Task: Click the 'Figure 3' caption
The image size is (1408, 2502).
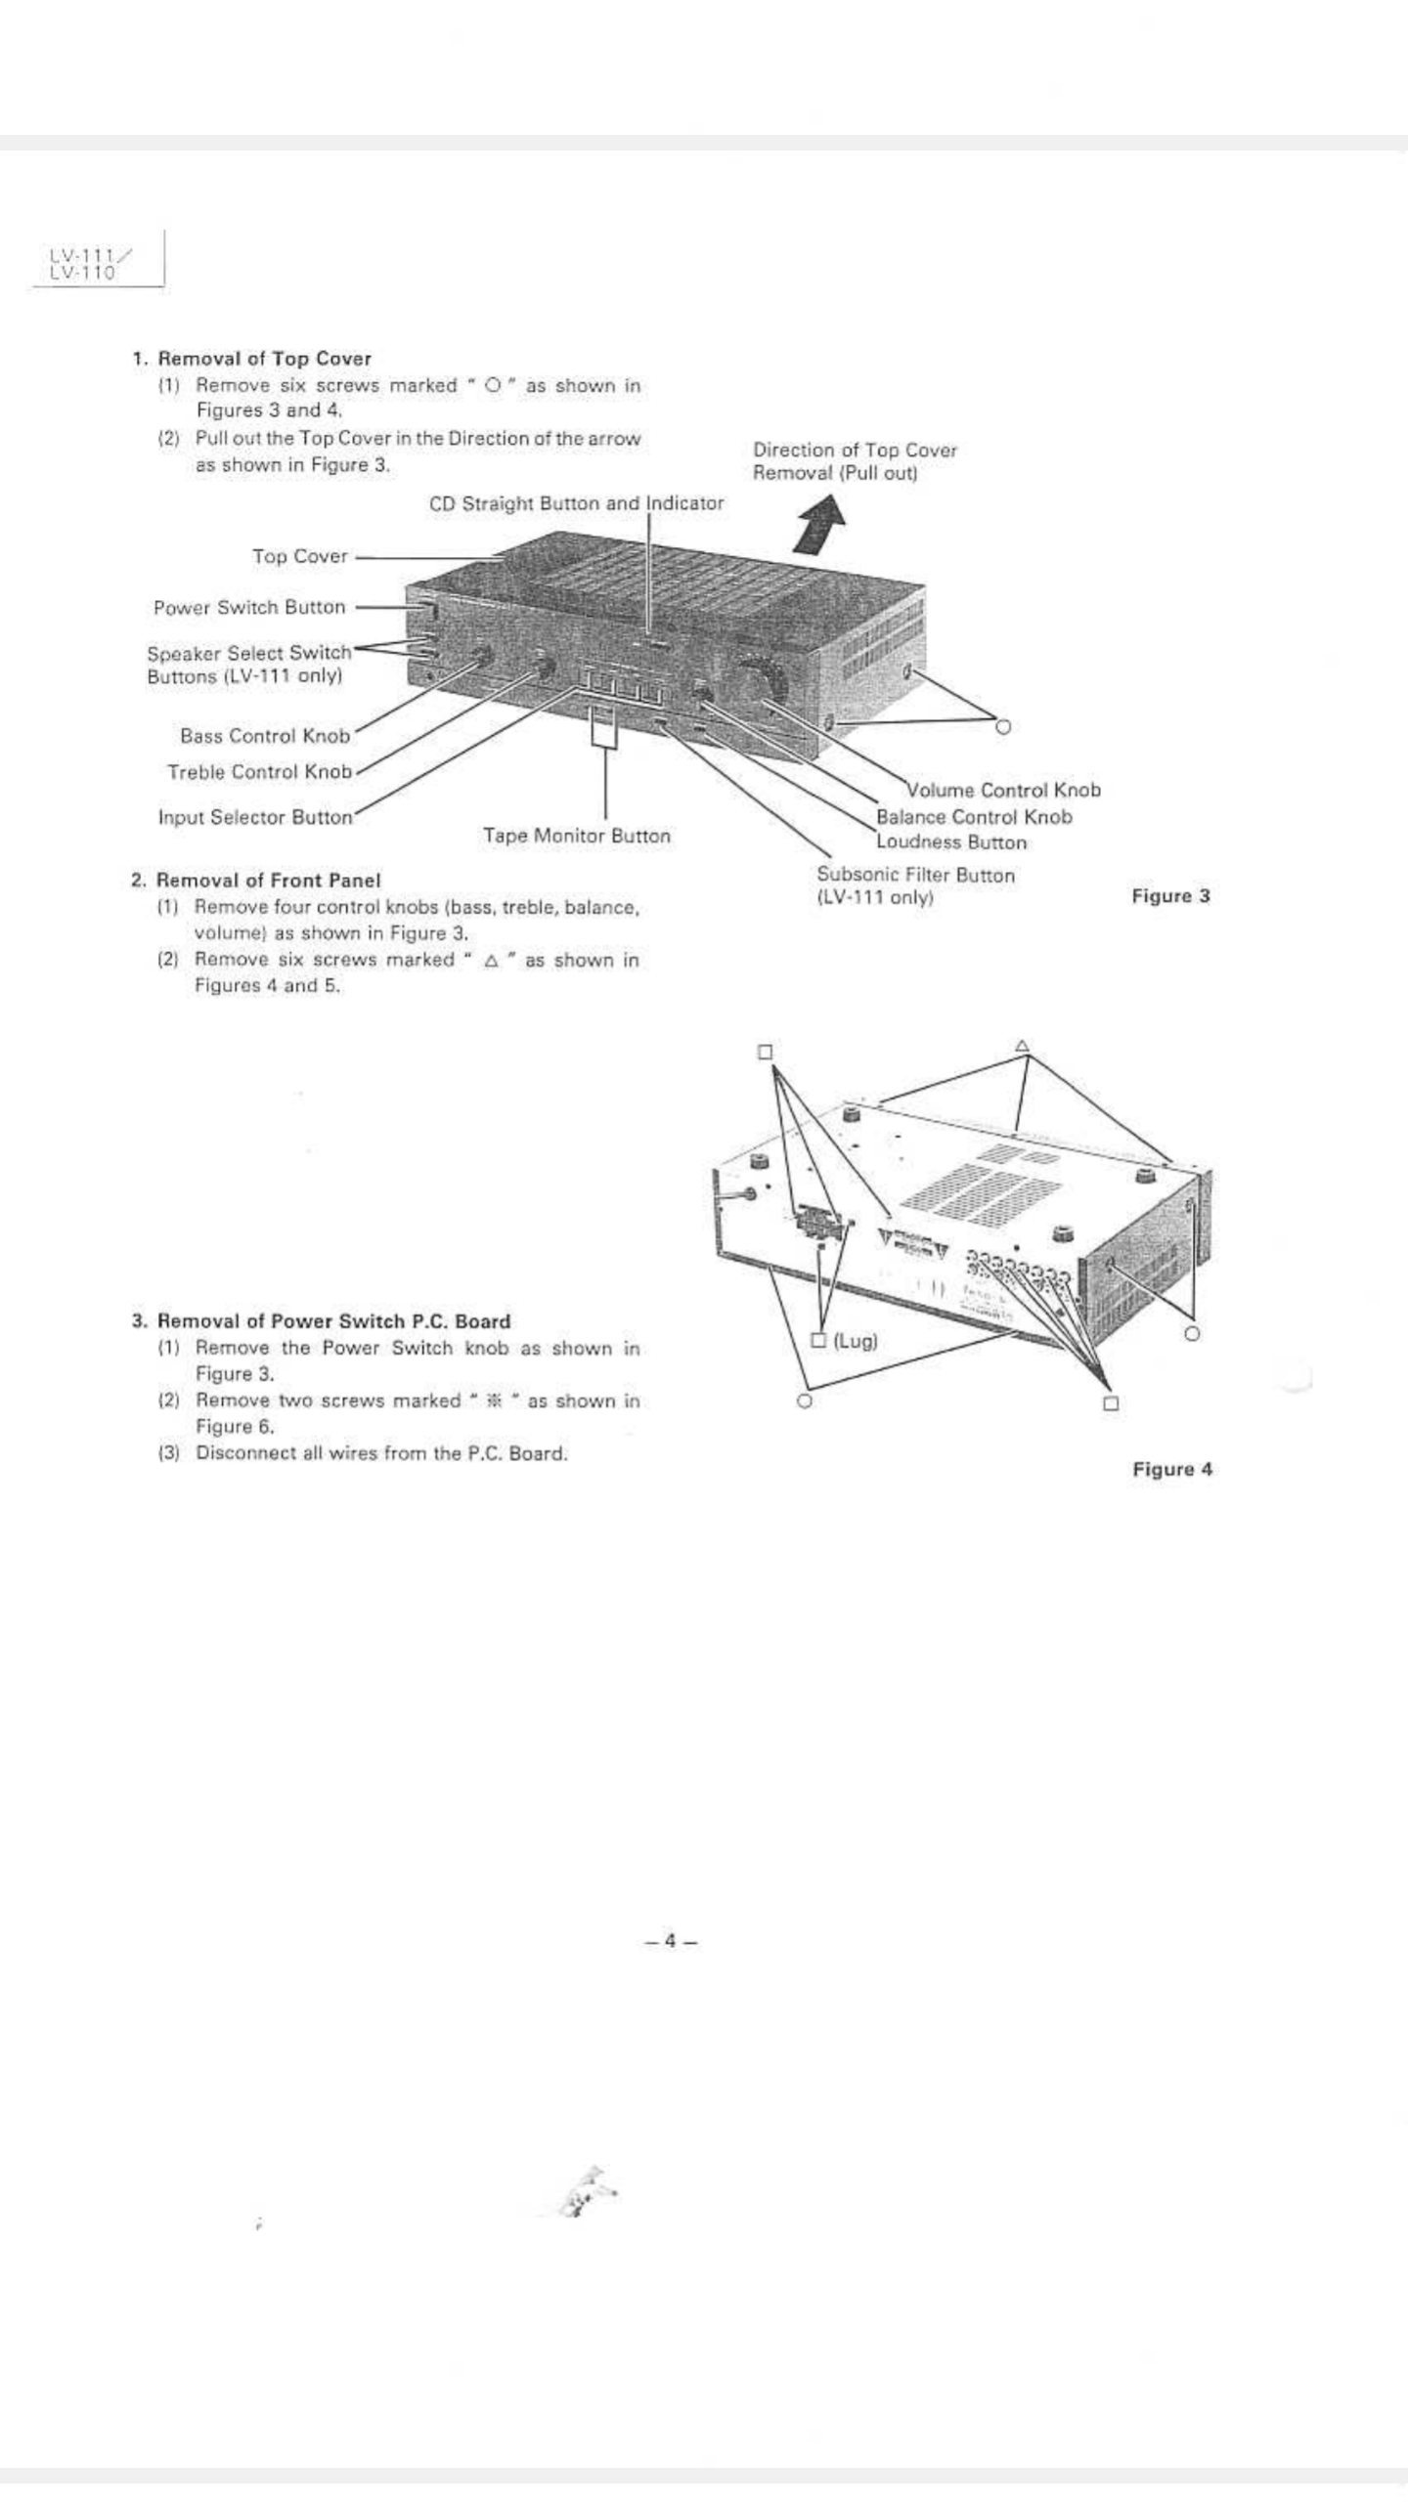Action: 1170,896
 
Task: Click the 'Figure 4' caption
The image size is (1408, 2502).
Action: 1171,1469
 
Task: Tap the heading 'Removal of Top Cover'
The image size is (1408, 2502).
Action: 264,359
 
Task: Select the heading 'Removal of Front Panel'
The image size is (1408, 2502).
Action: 268,880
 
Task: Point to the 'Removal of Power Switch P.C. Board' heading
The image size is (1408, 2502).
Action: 333,1321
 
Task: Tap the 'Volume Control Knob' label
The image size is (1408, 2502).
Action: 1003,790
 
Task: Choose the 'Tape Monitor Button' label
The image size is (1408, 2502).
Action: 576,836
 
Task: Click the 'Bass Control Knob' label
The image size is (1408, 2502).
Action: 265,735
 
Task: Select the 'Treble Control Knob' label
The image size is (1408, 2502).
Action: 259,771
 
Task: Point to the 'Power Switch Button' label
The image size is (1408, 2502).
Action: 249,607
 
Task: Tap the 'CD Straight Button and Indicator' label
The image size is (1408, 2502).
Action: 576,503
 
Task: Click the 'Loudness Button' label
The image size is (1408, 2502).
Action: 951,841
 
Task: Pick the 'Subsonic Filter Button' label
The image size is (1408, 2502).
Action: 915,875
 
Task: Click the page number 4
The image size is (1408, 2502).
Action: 671,1941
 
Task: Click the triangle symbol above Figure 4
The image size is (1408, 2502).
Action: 1022,1046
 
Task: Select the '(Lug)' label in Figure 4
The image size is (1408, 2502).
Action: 855,1340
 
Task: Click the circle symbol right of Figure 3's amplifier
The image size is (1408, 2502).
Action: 1002,726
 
